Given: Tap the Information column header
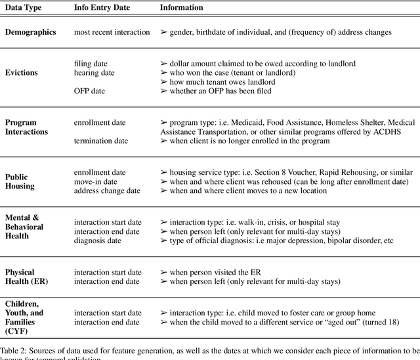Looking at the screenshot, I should coord(182,8).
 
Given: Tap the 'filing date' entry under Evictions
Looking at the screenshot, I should coord(91,64).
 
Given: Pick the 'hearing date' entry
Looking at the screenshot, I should coord(94,73).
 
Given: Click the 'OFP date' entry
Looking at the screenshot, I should coord(89,91).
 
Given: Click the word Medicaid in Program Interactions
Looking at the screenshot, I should coord(240,122).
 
